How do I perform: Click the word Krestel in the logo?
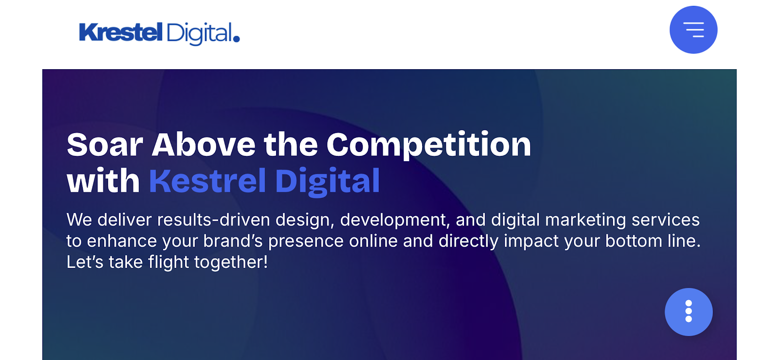pos(121,33)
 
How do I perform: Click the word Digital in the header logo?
pos(199,34)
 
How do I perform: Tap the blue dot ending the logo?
pos(237,38)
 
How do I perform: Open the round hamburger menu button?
pos(693,30)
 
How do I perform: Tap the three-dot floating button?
pos(688,312)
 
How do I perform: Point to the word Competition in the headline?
pos(429,145)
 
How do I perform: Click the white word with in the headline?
pos(103,181)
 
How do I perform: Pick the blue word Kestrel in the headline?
pos(207,181)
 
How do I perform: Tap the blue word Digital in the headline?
pos(327,182)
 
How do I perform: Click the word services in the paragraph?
pos(666,220)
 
